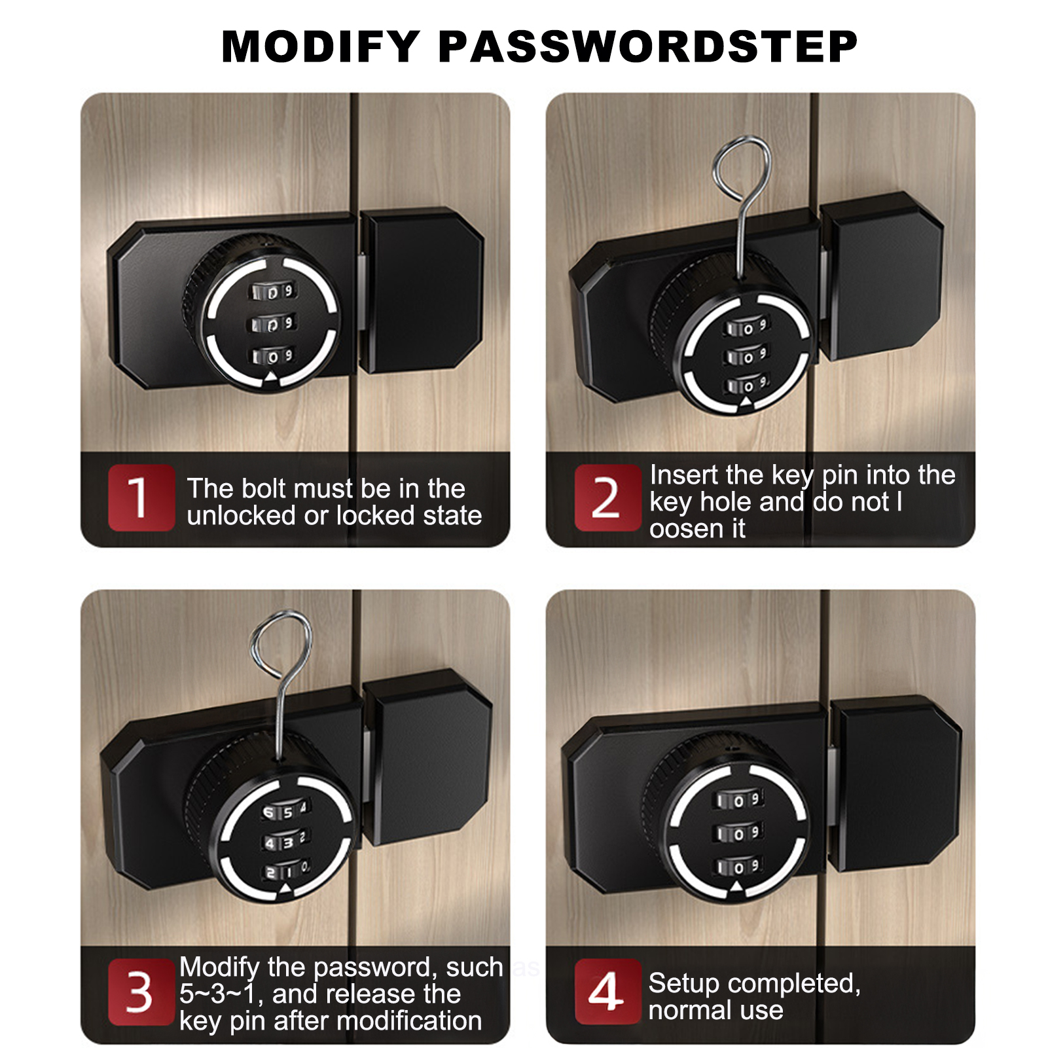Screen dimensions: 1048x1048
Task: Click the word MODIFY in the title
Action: (321, 46)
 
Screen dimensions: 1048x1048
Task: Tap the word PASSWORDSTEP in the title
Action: (648, 46)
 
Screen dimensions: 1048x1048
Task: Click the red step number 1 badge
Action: (141, 497)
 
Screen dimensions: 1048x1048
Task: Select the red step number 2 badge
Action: (607, 497)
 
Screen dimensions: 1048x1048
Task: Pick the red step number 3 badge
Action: (141, 992)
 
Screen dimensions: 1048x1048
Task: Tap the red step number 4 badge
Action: (607, 991)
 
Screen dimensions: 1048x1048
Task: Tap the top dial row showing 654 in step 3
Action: (285, 810)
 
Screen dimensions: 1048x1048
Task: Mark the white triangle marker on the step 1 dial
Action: (270, 377)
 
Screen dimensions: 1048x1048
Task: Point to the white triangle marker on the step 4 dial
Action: (736, 887)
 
